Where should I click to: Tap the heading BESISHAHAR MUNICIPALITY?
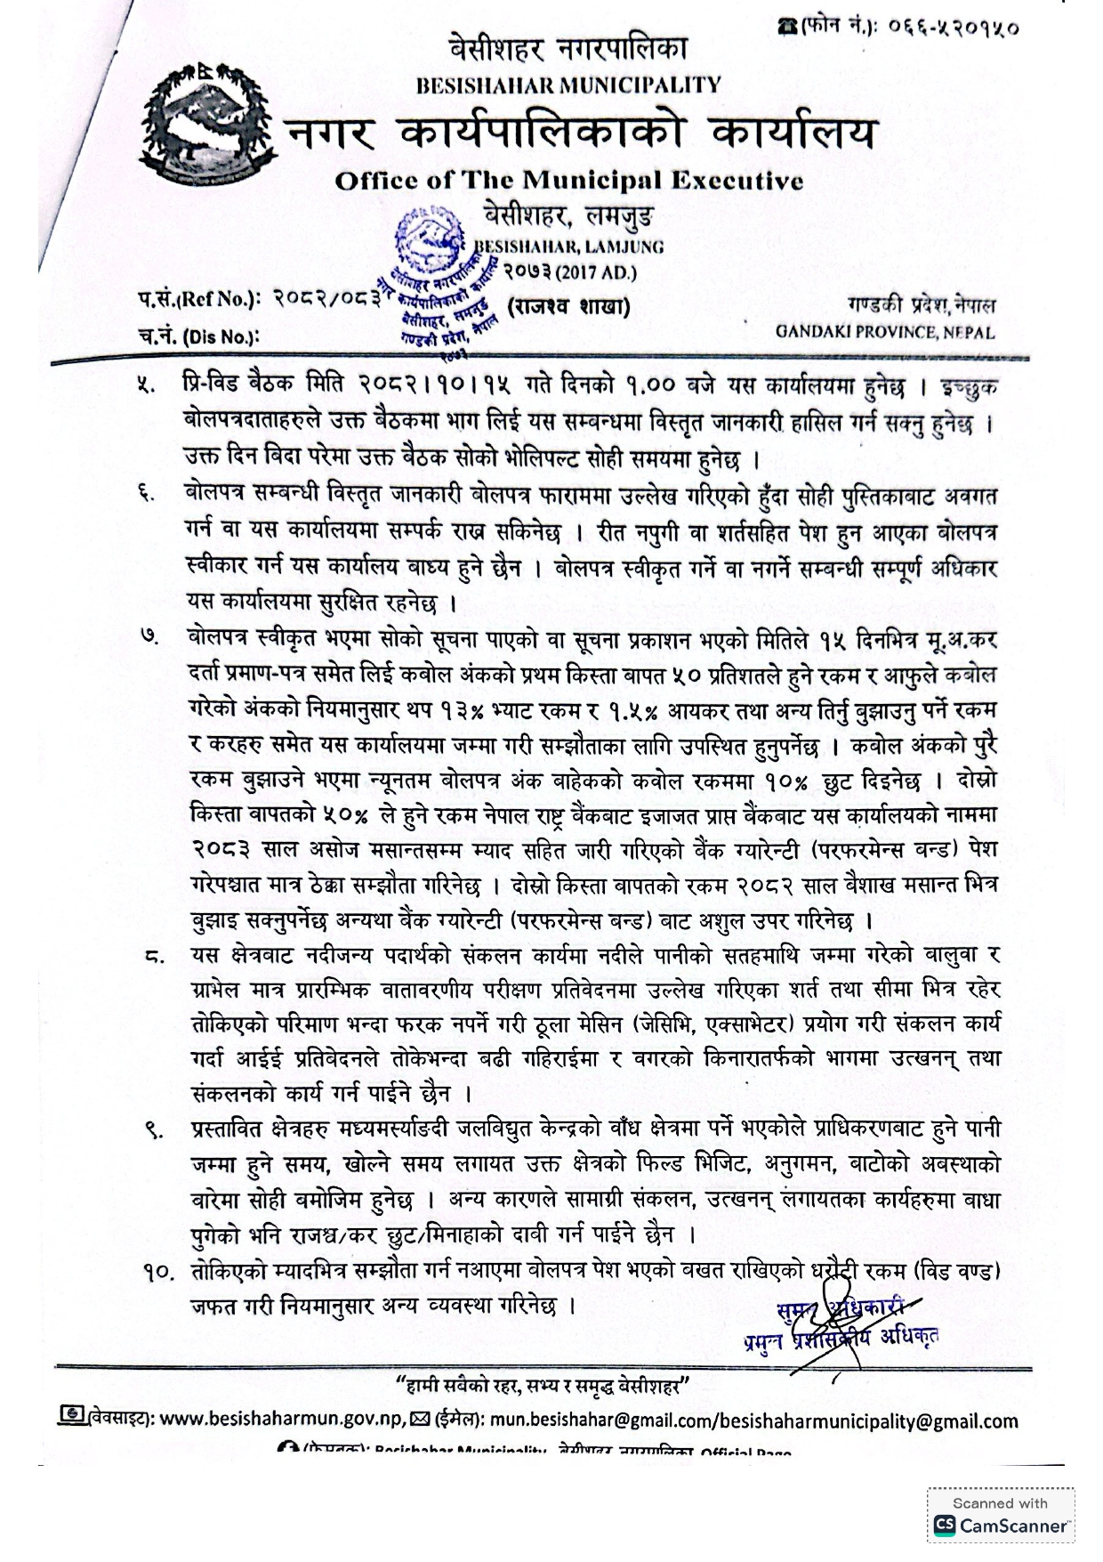tap(568, 85)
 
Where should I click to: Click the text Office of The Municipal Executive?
tap(568, 181)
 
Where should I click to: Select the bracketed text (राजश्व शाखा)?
tap(568, 307)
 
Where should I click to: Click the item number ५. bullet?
tap(145, 387)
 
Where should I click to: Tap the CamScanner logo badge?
tap(1001, 1513)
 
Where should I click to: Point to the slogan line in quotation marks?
tap(543, 1386)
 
